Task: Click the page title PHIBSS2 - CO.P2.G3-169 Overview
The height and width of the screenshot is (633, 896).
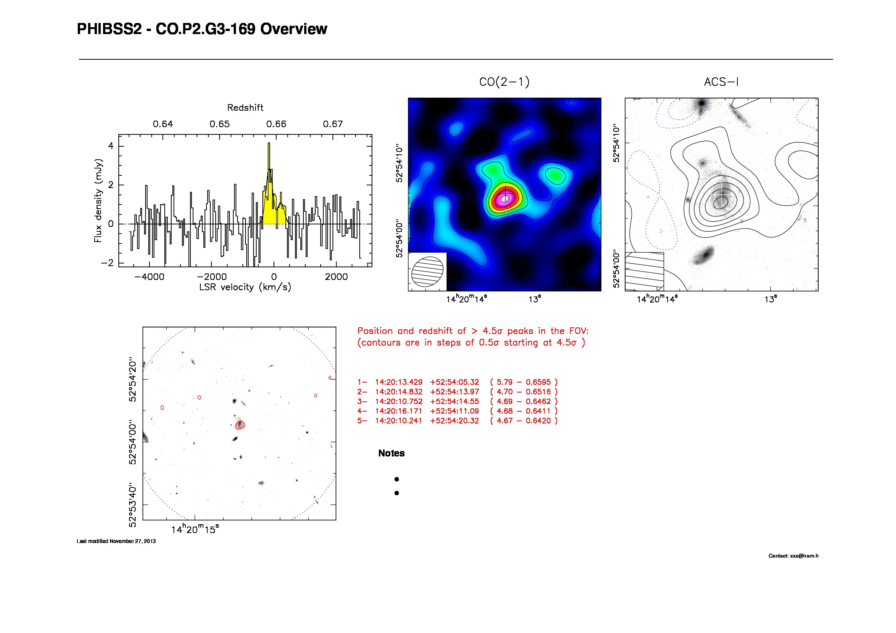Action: tap(202, 29)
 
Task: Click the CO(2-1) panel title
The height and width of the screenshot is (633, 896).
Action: tap(504, 82)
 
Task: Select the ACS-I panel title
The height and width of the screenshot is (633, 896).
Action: tap(721, 82)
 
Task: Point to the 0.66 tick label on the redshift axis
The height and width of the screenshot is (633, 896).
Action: tap(276, 124)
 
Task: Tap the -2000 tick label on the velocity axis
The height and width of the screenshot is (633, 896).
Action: tap(211, 277)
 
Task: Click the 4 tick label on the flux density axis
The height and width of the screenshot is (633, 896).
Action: tap(111, 146)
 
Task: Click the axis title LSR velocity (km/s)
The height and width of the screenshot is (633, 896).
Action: tap(245, 288)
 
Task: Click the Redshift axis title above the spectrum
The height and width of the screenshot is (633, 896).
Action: tap(245, 108)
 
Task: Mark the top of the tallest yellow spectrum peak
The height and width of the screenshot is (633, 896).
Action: tap(269, 144)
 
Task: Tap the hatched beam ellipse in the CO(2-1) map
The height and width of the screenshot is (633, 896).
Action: tap(428, 272)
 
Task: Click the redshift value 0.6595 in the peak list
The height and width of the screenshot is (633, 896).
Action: tap(538, 382)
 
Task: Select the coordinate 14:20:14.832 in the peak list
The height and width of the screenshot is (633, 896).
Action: tap(398, 392)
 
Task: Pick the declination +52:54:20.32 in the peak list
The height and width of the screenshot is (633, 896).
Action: tap(454, 421)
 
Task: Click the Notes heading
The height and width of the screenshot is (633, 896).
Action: tap(391, 453)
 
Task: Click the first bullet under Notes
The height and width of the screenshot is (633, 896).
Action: tap(396, 479)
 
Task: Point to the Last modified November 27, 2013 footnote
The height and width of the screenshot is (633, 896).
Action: tap(116, 541)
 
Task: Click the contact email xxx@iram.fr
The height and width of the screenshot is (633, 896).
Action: tap(804, 556)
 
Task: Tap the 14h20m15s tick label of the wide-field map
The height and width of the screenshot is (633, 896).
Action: tap(195, 530)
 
